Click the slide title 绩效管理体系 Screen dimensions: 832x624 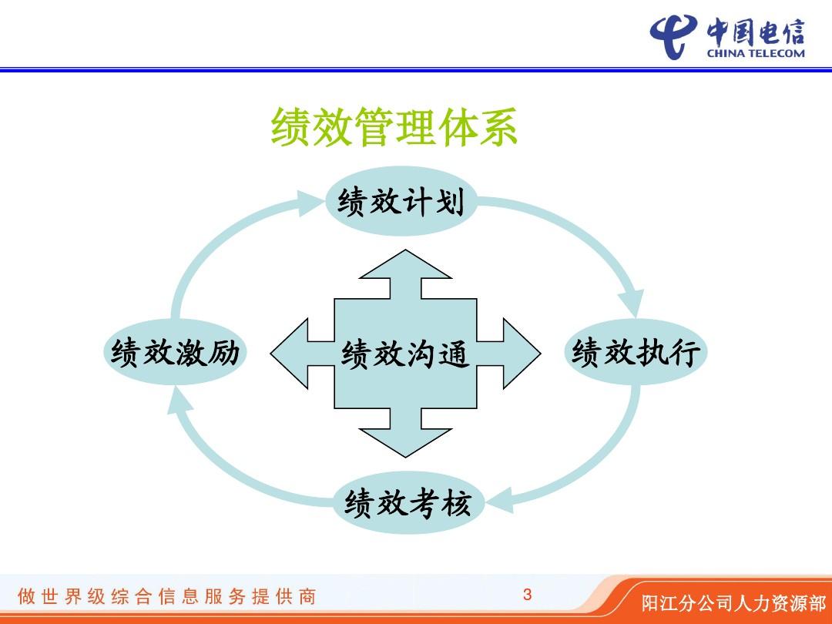pyautogui.click(x=394, y=126)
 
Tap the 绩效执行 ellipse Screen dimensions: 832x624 pyautogui.click(x=635, y=352)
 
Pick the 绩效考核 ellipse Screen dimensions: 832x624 pyautogui.click(x=408, y=502)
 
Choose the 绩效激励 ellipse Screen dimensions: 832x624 pyautogui.click(x=175, y=352)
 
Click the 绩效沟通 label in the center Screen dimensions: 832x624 pyautogui.click(x=405, y=354)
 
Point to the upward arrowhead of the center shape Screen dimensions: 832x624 pyautogui.click(x=406, y=264)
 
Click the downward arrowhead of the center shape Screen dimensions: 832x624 pyautogui.click(x=406, y=442)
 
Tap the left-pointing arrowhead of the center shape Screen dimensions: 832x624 pyautogui.click(x=290, y=354)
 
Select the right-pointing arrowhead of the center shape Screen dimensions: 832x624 pyautogui.click(x=522, y=354)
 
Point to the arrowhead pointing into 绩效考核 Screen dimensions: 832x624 pyautogui.click(x=499, y=500)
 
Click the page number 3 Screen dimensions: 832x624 pyautogui.click(x=527, y=594)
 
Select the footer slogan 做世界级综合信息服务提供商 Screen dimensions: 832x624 pyautogui.click(x=167, y=596)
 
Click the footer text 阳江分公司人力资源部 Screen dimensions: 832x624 pyautogui.click(x=734, y=603)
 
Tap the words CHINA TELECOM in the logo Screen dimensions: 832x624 pyautogui.click(x=756, y=53)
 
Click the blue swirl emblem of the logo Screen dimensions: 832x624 pyautogui.click(x=673, y=36)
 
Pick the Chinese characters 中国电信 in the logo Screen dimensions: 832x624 pyautogui.click(x=756, y=32)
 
